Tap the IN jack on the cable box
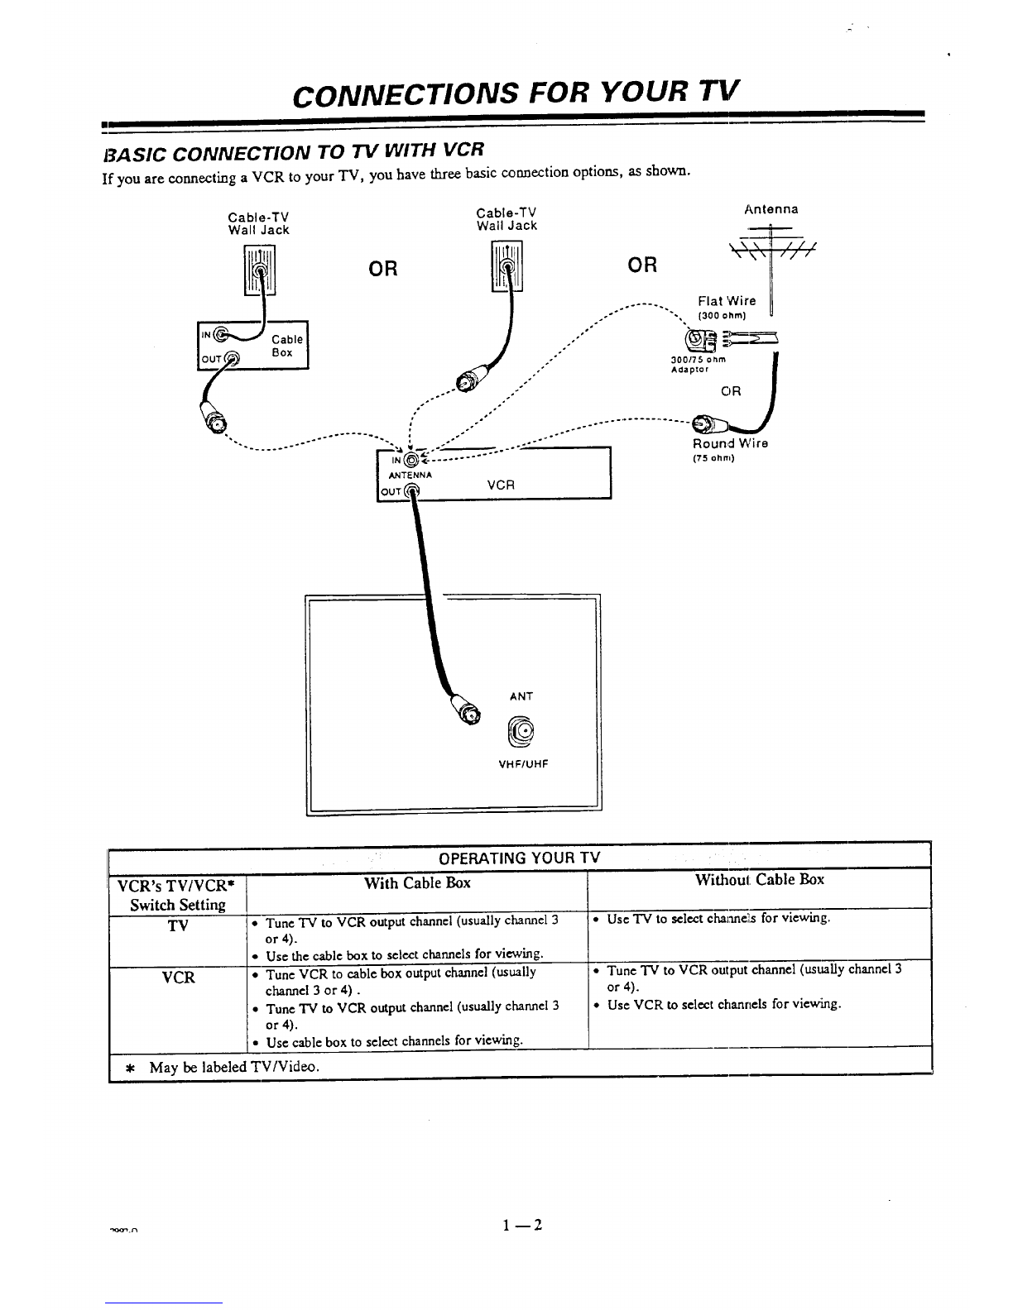tap(220, 335)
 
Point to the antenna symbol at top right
tap(770, 242)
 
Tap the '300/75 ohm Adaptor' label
tap(698, 365)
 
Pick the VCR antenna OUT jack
tap(412, 491)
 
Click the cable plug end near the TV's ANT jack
tap(469, 712)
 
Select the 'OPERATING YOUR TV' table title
tap(519, 857)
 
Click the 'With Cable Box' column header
tap(417, 882)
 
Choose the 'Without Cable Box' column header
tap(760, 880)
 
